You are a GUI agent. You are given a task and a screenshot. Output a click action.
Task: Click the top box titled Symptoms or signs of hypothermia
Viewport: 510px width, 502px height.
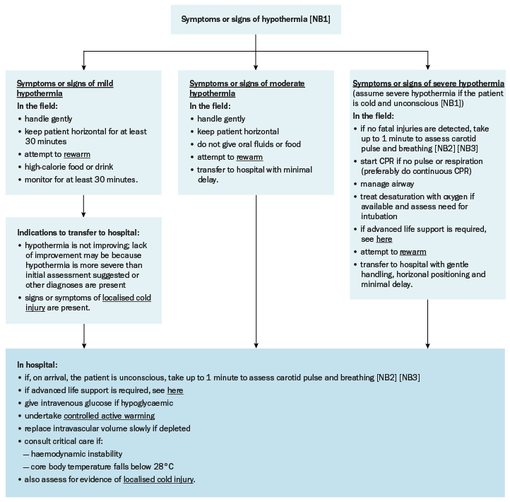tap(256, 20)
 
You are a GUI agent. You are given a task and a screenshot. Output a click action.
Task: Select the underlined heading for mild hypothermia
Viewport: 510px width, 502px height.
tap(65, 88)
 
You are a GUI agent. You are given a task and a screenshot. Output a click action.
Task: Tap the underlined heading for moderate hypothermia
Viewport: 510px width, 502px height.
tap(247, 88)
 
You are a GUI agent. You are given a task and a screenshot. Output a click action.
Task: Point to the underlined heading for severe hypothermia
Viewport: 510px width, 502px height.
tap(428, 83)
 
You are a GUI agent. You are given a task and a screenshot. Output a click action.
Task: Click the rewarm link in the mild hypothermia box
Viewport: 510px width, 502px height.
tap(77, 154)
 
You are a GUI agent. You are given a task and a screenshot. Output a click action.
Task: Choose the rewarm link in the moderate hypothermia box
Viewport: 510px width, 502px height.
tap(249, 157)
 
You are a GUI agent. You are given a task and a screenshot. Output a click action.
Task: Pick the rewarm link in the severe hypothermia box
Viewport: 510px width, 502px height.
tap(413, 252)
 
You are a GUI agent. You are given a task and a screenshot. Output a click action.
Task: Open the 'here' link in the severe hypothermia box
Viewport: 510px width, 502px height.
tap(384, 239)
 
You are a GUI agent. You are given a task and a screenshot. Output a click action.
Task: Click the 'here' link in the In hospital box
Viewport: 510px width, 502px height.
tap(175, 390)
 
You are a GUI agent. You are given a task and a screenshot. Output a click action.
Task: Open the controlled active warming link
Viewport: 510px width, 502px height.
tap(109, 416)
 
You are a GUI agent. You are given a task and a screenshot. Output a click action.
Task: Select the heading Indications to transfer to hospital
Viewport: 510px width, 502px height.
tap(78, 233)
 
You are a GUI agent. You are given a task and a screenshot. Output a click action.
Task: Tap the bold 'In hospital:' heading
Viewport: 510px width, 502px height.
tap(37, 365)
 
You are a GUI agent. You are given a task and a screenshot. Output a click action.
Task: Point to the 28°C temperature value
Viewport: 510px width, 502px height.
tap(164, 467)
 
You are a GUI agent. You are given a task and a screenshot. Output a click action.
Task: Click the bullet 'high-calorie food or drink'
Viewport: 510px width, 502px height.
tap(69, 167)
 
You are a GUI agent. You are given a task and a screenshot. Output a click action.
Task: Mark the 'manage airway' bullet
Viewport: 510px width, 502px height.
tap(387, 185)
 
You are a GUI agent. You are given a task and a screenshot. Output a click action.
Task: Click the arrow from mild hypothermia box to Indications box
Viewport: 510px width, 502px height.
tap(83, 206)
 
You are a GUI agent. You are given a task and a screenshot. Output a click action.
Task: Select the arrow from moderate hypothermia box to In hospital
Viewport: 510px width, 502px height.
tap(256, 272)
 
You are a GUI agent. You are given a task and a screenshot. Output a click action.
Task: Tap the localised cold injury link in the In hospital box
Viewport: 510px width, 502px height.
tap(158, 479)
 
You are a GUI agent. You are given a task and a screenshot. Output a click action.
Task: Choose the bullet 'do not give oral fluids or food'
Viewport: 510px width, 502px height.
tap(249, 144)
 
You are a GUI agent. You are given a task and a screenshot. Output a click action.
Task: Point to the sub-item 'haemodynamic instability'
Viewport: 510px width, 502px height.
tap(77, 454)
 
